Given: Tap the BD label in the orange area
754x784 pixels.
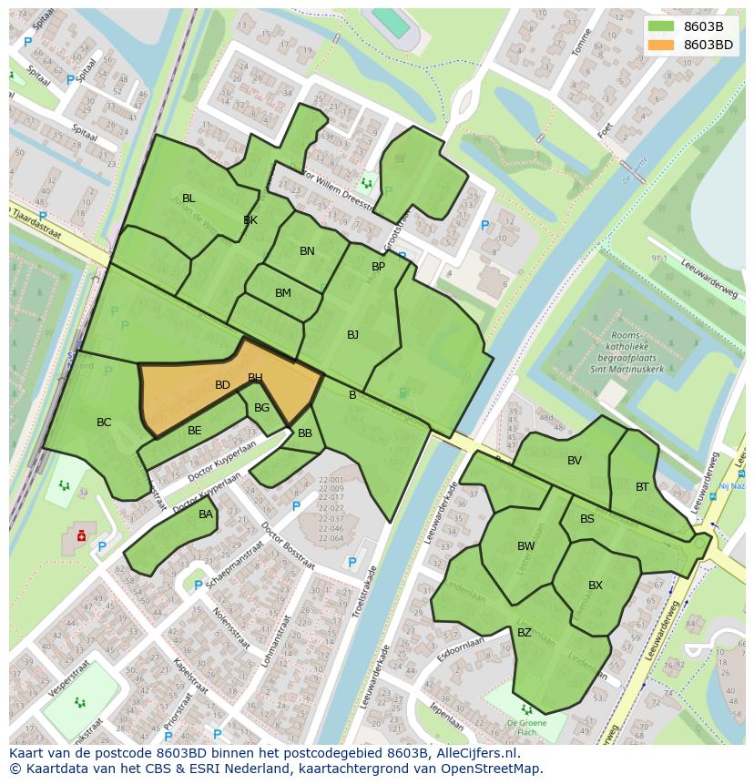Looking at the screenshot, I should pos(222,385).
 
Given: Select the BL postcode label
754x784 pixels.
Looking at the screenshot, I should pos(188,199).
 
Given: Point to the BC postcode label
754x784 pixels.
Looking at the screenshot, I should pos(104,423).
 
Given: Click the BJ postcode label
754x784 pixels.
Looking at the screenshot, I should pos(352,335).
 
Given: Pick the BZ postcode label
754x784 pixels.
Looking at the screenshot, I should pos(525,633).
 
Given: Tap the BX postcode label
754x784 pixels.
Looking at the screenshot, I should pos(596,585).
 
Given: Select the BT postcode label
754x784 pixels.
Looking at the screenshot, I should pos(642,487).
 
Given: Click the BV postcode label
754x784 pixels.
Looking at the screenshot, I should pos(574,461).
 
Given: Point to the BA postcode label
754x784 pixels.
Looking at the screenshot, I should pos(206,514).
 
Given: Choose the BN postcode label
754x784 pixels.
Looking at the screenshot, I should pos(307,251).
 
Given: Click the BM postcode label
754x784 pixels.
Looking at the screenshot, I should pos(282,293).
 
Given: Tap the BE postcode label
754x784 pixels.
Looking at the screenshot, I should pos(194,431).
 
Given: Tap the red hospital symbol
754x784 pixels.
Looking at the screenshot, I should pos(81,535).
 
